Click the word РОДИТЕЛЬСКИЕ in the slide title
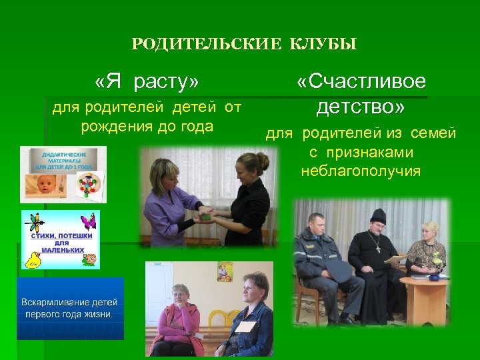(207, 45)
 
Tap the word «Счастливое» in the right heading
(361, 82)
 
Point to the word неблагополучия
(361, 171)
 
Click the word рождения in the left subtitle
(111, 126)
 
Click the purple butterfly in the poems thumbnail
(89, 221)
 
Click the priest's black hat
(379, 215)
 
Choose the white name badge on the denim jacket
(246, 326)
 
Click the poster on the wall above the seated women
(225, 271)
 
